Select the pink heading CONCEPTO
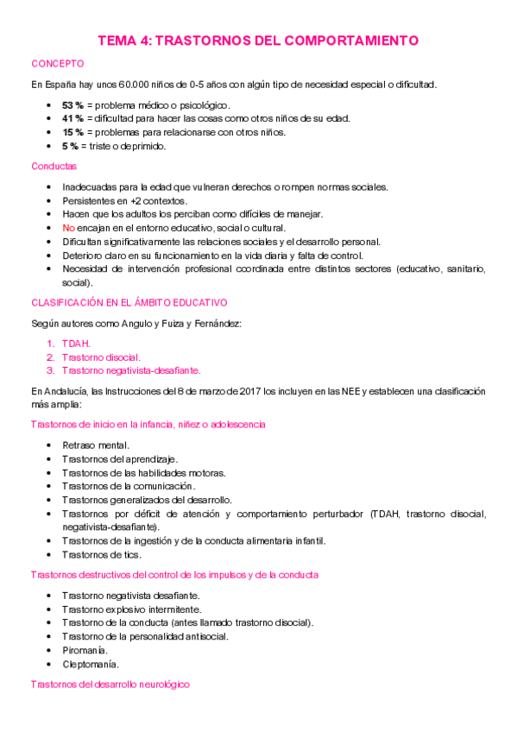click(x=57, y=64)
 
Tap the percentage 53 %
click(x=73, y=104)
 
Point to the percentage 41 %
click(x=73, y=118)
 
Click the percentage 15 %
click(x=73, y=132)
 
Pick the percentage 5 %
click(x=70, y=146)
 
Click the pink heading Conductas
click(x=54, y=166)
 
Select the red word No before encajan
click(x=68, y=228)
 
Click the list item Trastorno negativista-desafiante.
click(x=131, y=370)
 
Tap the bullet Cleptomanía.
click(x=91, y=665)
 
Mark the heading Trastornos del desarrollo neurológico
click(x=110, y=684)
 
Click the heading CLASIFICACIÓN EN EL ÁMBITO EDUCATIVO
click(x=129, y=303)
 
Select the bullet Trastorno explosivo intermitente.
click(x=129, y=609)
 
